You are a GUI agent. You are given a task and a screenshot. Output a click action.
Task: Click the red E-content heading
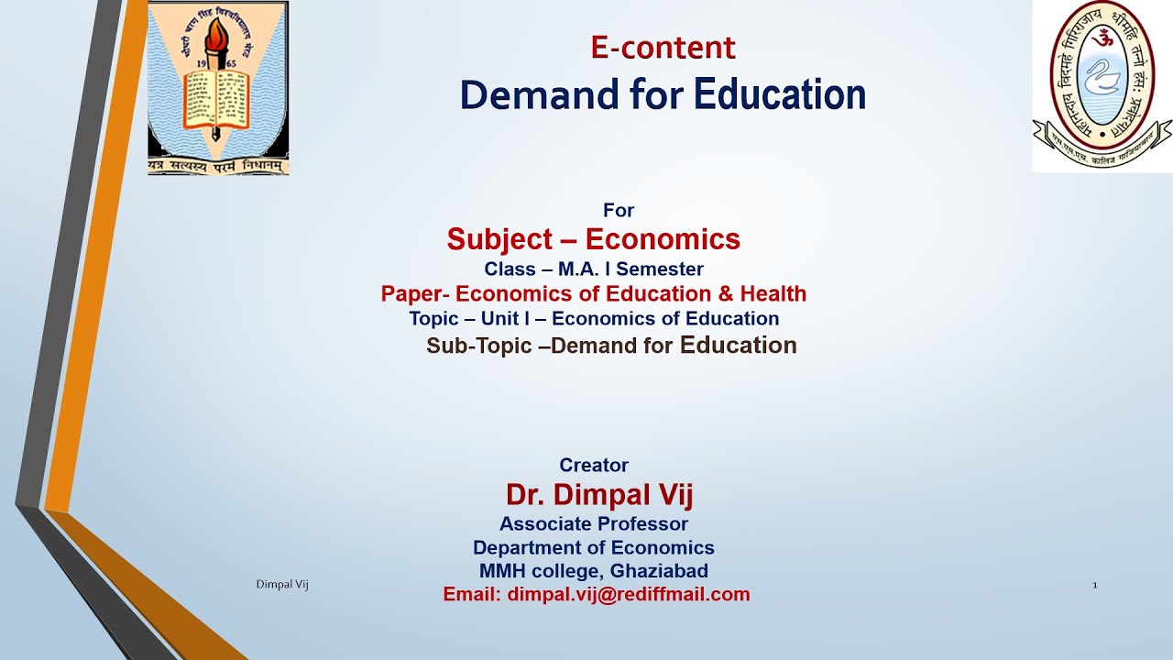663,48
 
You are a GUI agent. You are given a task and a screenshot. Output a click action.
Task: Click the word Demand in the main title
524,94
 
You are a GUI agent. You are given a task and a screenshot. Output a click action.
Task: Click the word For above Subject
619,211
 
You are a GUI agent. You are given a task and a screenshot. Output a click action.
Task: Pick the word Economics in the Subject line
663,240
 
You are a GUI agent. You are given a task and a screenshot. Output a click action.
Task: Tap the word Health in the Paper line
773,294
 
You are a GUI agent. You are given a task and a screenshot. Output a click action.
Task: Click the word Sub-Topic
479,346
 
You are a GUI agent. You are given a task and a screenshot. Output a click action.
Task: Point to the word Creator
594,466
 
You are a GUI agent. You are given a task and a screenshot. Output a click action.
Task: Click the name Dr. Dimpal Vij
599,496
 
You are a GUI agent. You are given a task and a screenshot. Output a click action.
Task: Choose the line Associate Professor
594,524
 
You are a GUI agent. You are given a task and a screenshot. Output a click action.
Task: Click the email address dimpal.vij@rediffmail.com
629,594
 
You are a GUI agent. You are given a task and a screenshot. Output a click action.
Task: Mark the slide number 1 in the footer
1094,585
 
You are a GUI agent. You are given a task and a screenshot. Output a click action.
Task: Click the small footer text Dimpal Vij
281,585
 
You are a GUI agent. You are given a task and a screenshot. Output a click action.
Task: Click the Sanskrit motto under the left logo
218,166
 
